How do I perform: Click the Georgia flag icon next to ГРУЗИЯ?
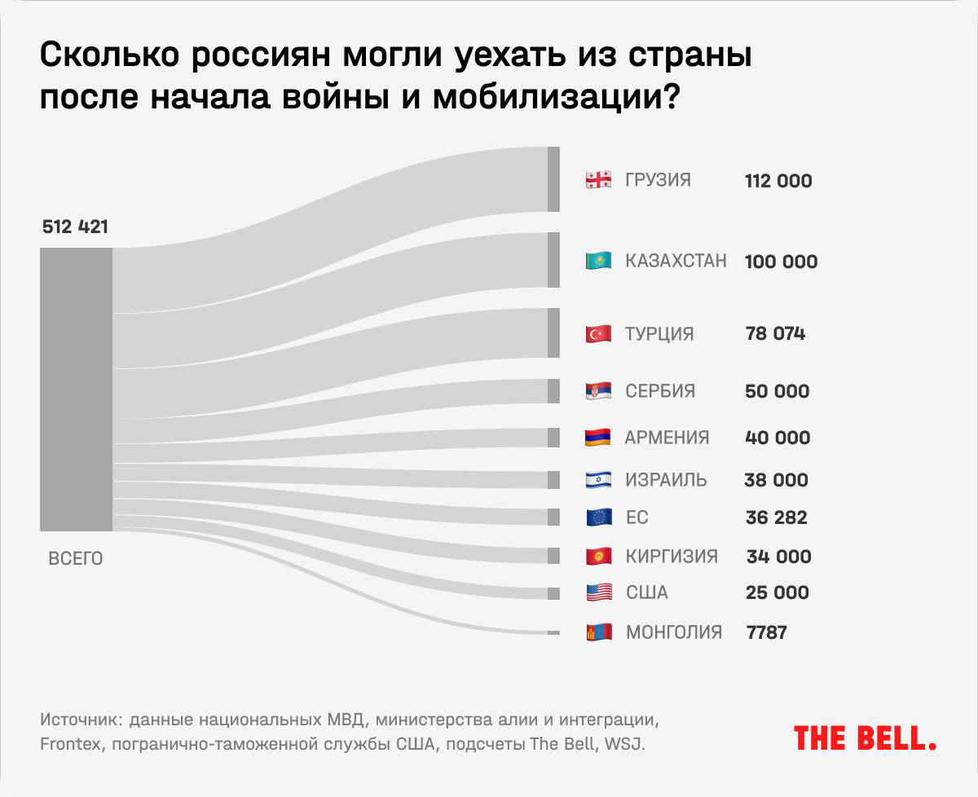(598, 180)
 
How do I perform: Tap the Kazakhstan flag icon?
(598, 261)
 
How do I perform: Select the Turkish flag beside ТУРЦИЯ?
(598, 333)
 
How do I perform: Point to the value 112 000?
(778, 181)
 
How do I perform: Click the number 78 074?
(775, 333)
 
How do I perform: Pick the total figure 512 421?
(75, 228)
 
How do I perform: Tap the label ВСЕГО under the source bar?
(76, 559)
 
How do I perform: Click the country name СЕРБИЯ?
(660, 391)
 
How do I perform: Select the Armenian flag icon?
(598, 438)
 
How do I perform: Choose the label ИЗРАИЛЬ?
(666, 480)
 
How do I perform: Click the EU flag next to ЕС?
(598, 517)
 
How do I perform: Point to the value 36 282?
(776, 517)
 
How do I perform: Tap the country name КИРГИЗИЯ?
(672, 557)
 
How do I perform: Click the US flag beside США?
(598, 592)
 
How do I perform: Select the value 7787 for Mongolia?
(766, 632)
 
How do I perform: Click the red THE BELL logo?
(865, 738)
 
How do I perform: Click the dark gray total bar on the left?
(76, 390)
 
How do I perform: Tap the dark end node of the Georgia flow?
(553, 179)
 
